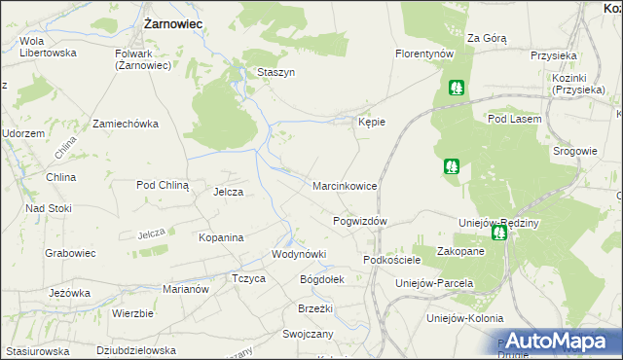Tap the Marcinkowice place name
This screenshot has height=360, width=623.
(345, 185)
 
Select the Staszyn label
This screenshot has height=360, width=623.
(275, 72)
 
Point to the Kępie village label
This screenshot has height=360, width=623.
(373, 123)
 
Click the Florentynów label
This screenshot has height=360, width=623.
(425, 54)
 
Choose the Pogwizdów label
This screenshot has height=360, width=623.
(360, 221)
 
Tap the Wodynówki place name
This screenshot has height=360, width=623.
(299, 254)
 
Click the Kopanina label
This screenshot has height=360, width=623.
(220, 237)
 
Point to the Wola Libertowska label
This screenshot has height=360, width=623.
(48, 48)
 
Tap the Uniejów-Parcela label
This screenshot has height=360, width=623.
(434, 283)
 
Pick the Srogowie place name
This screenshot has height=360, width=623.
(574, 151)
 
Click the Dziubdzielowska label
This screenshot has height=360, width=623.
(136, 350)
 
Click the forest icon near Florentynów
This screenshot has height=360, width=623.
(456, 87)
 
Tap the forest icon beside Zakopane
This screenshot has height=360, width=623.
(497, 233)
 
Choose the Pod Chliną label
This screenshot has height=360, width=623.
(163, 184)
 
